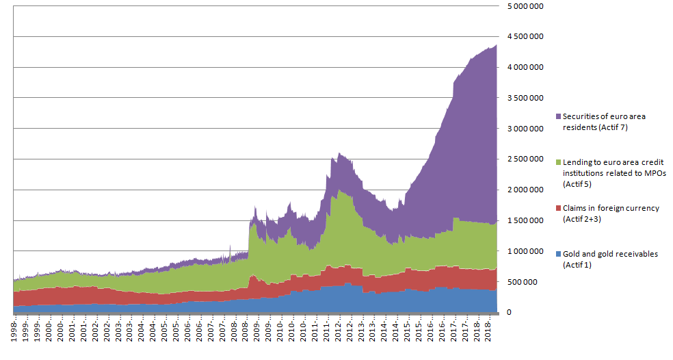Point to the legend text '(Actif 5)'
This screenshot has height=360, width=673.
(x=578, y=183)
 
